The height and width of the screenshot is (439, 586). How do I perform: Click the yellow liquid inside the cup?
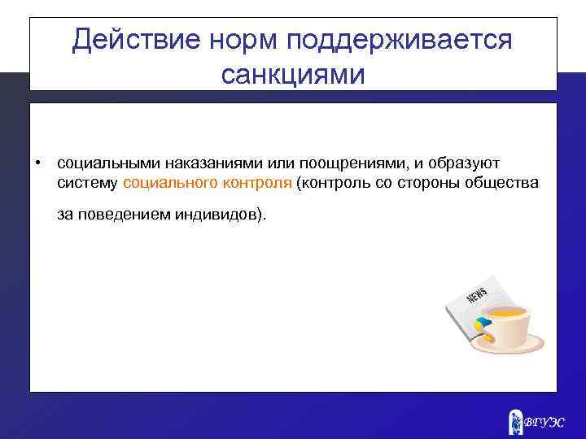pyautogui.click(x=505, y=312)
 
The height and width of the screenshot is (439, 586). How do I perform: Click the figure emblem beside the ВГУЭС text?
pyautogui.click(x=514, y=421)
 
